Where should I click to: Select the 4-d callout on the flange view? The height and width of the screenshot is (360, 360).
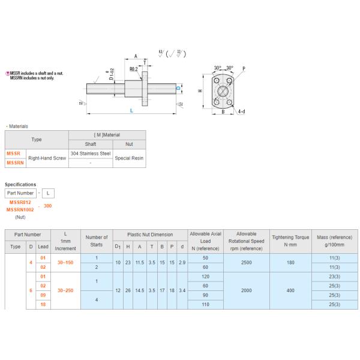coord(241,112)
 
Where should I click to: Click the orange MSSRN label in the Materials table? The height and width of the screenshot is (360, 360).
coord(15,163)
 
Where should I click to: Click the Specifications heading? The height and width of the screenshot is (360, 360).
coord(20,184)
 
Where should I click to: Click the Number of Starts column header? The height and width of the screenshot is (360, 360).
coord(97,241)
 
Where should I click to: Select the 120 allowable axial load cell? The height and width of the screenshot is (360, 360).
coord(205,277)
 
